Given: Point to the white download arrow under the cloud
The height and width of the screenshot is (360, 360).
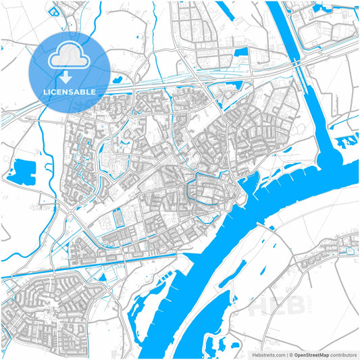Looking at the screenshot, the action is click(66, 76).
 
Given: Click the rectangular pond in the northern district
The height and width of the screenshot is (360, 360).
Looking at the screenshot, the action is click(240, 51).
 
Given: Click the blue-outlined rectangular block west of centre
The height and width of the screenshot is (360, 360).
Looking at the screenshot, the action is click(118, 218).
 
